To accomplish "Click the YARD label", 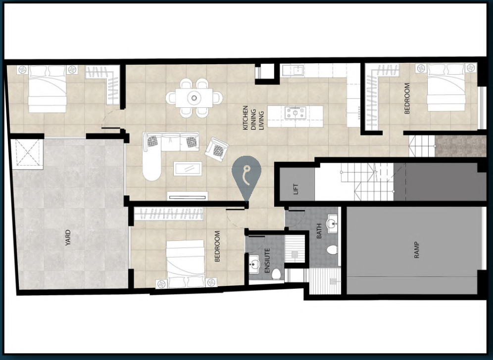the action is (68, 238).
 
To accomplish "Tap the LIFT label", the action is (296, 189).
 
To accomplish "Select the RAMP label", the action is (417, 250).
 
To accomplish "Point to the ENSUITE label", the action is (267, 261).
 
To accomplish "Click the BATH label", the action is (319, 231).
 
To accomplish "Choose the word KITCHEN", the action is (246, 118).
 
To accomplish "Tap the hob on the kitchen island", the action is (295, 112).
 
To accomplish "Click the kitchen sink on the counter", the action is (293, 70).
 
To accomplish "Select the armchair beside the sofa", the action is (217, 149).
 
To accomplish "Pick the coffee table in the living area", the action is (188, 169).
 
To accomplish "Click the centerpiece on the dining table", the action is (194, 98).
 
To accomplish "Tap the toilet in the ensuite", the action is (276, 274).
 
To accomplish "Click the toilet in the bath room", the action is (332, 250).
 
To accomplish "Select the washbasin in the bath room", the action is (332, 224).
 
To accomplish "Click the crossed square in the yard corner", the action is (27, 153).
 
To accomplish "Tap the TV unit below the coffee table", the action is (188, 196).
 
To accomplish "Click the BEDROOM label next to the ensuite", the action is (217, 246).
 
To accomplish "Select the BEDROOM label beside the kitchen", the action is (407, 98).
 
